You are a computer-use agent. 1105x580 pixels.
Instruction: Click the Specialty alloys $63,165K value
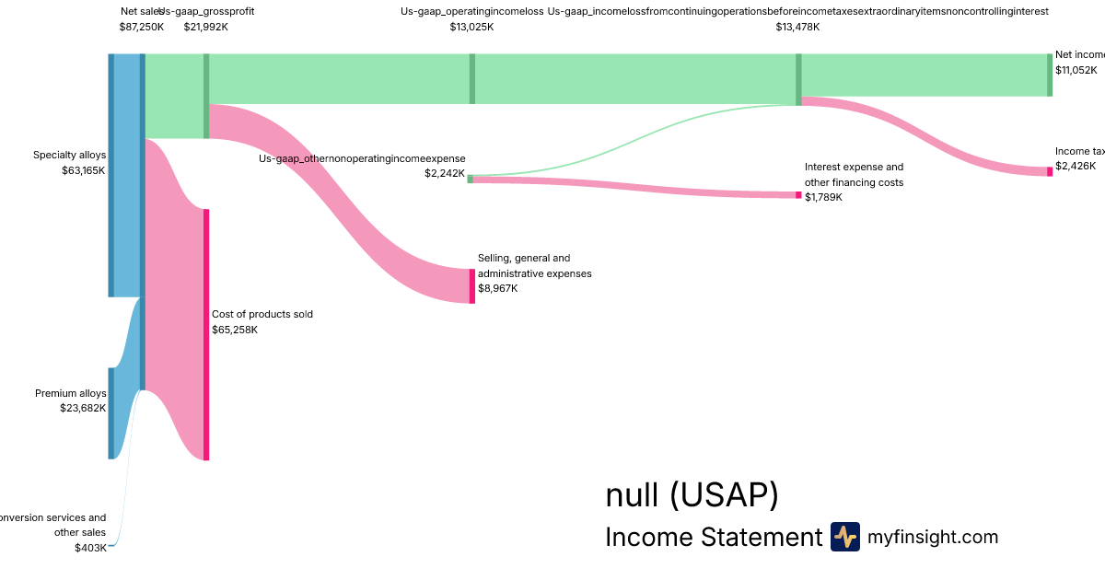(83, 170)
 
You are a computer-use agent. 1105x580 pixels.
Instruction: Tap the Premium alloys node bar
(111, 413)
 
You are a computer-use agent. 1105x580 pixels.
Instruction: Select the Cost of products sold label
(262, 314)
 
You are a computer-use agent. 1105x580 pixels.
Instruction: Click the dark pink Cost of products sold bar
(206, 334)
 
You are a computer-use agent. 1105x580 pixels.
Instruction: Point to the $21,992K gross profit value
(205, 27)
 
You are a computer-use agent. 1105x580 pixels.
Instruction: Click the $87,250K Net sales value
(142, 27)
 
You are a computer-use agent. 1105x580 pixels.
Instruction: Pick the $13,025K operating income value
(471, 27)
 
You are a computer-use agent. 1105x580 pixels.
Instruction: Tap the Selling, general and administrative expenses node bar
(472, 285)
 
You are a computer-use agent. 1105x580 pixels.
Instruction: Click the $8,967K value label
(498, 288)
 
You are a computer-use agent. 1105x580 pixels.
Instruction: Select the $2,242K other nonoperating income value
(445, 173)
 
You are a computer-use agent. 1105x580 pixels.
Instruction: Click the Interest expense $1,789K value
(823, 197)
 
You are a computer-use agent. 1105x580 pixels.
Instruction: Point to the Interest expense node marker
(798, 194)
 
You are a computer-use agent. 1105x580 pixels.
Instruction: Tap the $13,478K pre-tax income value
(797, 27)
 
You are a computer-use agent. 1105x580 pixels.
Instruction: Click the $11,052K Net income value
(1076, 70)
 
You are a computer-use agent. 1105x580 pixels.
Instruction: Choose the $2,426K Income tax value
(1076, 166)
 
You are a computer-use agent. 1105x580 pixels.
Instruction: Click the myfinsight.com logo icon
(845, 537)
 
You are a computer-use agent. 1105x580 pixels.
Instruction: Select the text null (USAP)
(692, 495)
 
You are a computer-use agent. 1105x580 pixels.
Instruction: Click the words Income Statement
(713, 537)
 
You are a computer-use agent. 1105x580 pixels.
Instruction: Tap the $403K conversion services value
(90, 548)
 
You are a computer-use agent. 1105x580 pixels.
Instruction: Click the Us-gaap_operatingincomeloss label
(471, 11)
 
